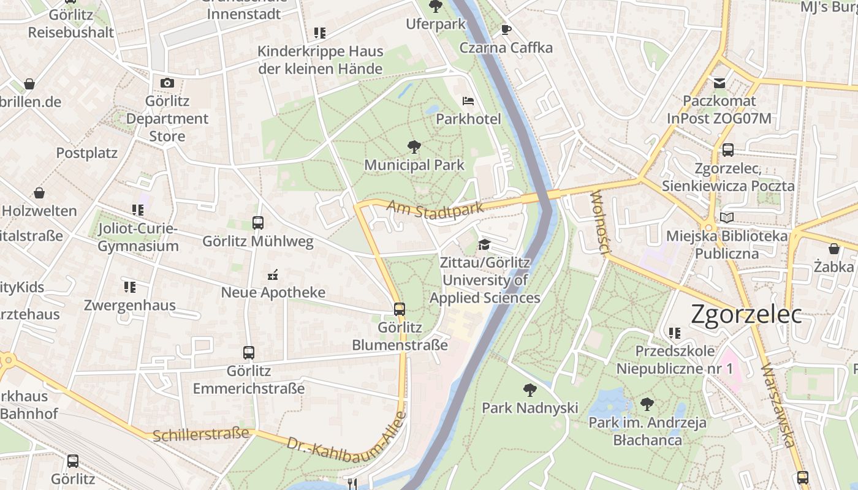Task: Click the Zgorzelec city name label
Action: pyautogui.click(x=746, y=314)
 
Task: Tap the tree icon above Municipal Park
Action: pyautogui.click(x=414, y=147)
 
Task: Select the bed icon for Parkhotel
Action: pyautogui.click(x=468, y=100)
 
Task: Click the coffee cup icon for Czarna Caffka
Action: pyautogui.click(x=506, y=29)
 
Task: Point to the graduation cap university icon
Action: pyautogui.click(x=484, y=244)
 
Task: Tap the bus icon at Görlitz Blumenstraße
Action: pyautogui.click(x=400, y=309)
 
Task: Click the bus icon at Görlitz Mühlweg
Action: pyautogui.click(x=258, y=223)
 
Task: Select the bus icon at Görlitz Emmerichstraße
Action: pyautogui.click(x=248, y=353)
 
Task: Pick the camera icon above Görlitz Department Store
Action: pyautogui.click(x=167, y=83)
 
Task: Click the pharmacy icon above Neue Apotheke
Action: pyautogui.click(x=273, y=274)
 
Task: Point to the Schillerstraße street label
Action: pyautogui.click(x=201, y=434)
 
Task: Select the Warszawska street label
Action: pyautogui.click(x=778, y=405)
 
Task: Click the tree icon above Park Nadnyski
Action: pyautogui.click(x=530, y=390)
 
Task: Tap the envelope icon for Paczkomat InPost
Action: pyautogui.click(x=719, y=83)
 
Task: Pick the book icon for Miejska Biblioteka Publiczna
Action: pyautogui.click(x=727, y=217)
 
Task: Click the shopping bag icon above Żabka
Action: pyautogui.click(x=833, y=249)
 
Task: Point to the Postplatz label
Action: pyautogui.click(x=87, y=153)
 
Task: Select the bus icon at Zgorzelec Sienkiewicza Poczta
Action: pyautogui.click(x=728, y=150)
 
